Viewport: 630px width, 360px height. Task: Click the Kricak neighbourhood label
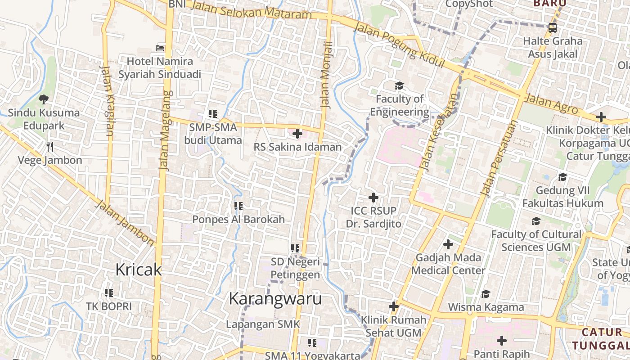(x=138, y=270)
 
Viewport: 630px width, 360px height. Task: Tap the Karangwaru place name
(x=275, y=298)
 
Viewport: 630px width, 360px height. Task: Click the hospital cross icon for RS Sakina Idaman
(x=297, y=134)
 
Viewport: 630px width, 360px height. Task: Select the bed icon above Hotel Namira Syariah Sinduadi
(x=160, y=48)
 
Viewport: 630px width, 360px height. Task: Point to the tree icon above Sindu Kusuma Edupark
(x=44, y=99)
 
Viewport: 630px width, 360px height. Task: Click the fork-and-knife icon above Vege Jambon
(x=50, y=146)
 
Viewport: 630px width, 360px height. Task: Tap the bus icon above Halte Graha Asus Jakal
(x=553, y=27)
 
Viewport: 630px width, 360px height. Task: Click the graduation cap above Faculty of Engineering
(x=399, y=85)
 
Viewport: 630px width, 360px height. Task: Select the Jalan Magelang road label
(x=165, y=130)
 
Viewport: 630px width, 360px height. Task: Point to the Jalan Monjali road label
(x=326, y=74)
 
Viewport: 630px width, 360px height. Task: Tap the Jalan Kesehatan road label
(x=439, y=131)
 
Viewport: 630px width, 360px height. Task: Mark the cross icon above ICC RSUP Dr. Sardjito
(x=373, y=197)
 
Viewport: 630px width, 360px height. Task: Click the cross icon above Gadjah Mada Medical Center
(x=448, y=244)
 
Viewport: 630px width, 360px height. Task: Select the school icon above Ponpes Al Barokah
(x=238, y=206)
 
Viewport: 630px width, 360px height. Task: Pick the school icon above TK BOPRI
(x=108, y=293)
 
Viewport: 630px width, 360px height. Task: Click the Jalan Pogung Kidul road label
(x=399, y=45)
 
